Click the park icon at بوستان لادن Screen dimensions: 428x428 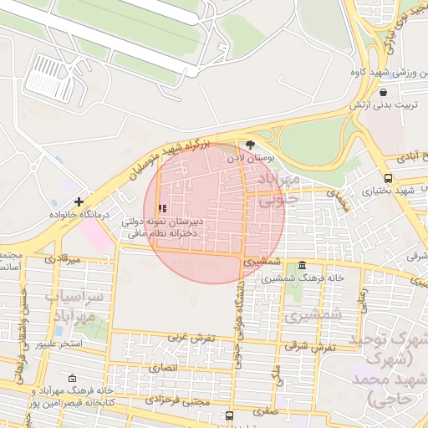pos(250,145)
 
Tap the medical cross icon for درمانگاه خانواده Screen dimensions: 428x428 pos(79,201)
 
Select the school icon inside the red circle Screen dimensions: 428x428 pos(162,208)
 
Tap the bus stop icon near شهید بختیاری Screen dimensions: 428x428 pos(388,178)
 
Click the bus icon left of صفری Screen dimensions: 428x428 pos(229,415)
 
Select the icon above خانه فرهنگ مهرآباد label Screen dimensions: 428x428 pos(71,378)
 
